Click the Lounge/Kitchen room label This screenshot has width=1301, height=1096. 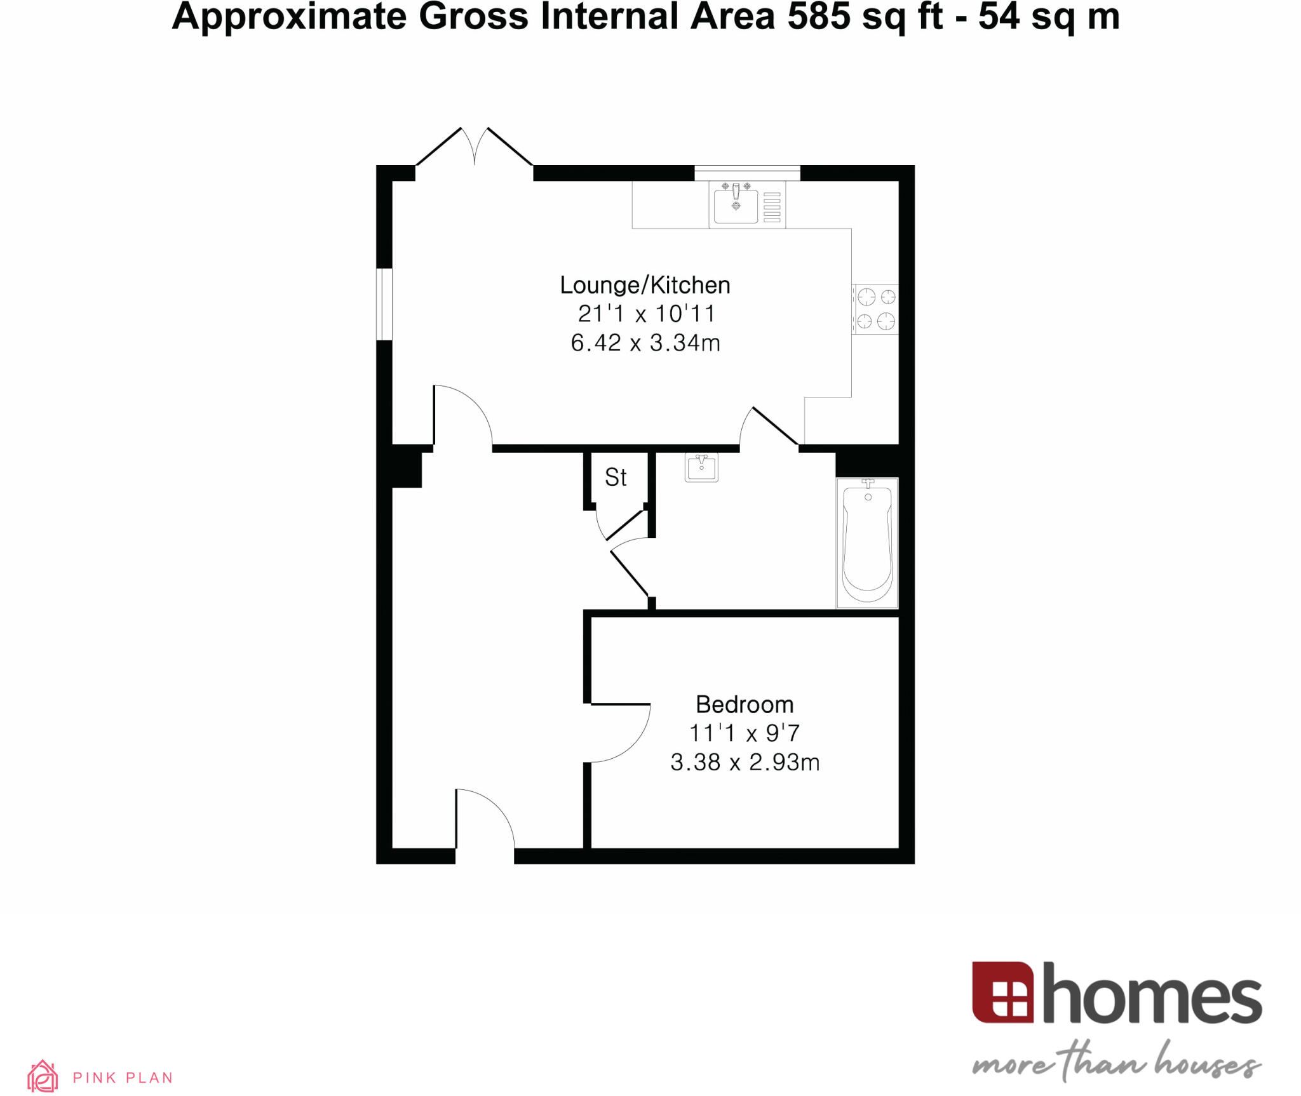pos(645,286)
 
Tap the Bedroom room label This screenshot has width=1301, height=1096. pos(745,705)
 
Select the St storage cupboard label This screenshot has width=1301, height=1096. pos(616,478)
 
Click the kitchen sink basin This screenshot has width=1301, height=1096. pos(736,206)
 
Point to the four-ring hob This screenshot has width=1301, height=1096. pos(875,309)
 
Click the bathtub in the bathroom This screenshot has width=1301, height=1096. pos(867,543)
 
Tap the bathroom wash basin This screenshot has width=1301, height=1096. pos(701,468)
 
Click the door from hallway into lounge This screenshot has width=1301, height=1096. pos(462,416)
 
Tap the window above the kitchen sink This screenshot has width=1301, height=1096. pos(747,173)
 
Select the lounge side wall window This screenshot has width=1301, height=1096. pos(384,304)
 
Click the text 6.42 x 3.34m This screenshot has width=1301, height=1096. pos(645,344)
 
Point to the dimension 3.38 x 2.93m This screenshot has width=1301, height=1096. pos(745,763)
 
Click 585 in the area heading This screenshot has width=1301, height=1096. pos(819,17)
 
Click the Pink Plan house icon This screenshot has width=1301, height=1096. pos(43,1076)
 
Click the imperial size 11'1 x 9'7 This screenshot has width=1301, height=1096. pos(745,733)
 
